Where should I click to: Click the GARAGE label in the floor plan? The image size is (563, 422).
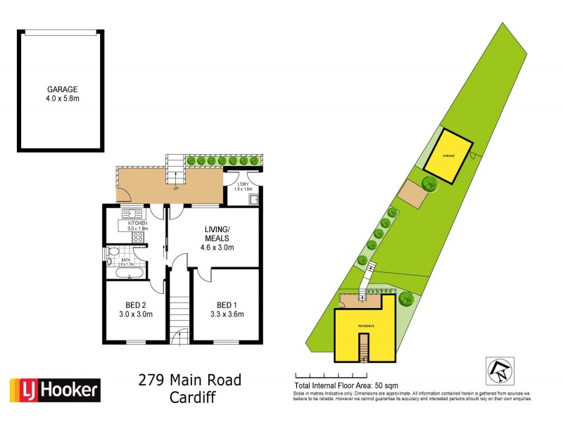[61, 89]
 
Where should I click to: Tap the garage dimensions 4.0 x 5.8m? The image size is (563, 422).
[61, 99]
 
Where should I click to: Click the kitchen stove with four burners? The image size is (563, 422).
[137, 237]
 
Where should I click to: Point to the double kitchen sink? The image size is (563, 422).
[132, 213]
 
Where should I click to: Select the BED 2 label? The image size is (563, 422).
[134, 305]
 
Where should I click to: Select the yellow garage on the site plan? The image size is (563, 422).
[447, 155]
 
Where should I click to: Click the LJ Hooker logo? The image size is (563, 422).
[54, 389]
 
